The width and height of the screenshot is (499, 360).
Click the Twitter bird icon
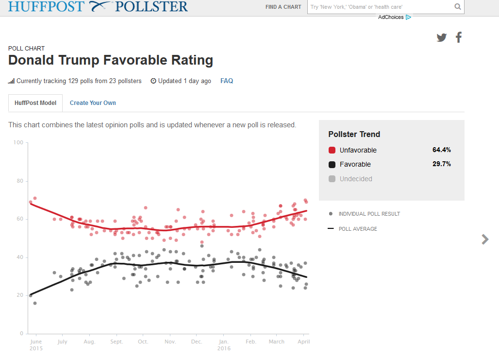(441, 37)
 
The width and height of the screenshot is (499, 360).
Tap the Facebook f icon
(459, 37)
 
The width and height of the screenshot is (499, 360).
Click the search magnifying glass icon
(457, 7)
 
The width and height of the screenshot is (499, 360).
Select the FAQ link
(227, 81)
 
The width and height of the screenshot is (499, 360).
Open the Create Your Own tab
(93, 103)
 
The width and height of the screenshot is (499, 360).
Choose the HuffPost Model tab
(35, 103)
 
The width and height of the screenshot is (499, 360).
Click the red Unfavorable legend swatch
(332, 150)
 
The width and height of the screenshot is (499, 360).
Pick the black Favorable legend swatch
(332, 164)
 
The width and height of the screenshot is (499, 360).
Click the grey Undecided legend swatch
(332, 179)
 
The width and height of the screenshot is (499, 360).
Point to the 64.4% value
(441, 150)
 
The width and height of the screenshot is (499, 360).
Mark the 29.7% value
(441, 164)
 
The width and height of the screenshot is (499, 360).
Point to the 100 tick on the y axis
(18, 142)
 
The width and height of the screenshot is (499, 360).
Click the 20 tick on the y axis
(20, 295)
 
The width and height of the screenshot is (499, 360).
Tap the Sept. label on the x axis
(116, 342)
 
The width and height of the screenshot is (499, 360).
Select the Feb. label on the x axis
(251, 342)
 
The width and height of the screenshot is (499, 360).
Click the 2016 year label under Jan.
(224, 348)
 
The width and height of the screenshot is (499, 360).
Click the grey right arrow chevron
(485, 239)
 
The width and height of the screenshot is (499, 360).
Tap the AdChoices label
(391, 17)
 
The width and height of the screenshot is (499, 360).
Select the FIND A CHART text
(283, 7)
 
